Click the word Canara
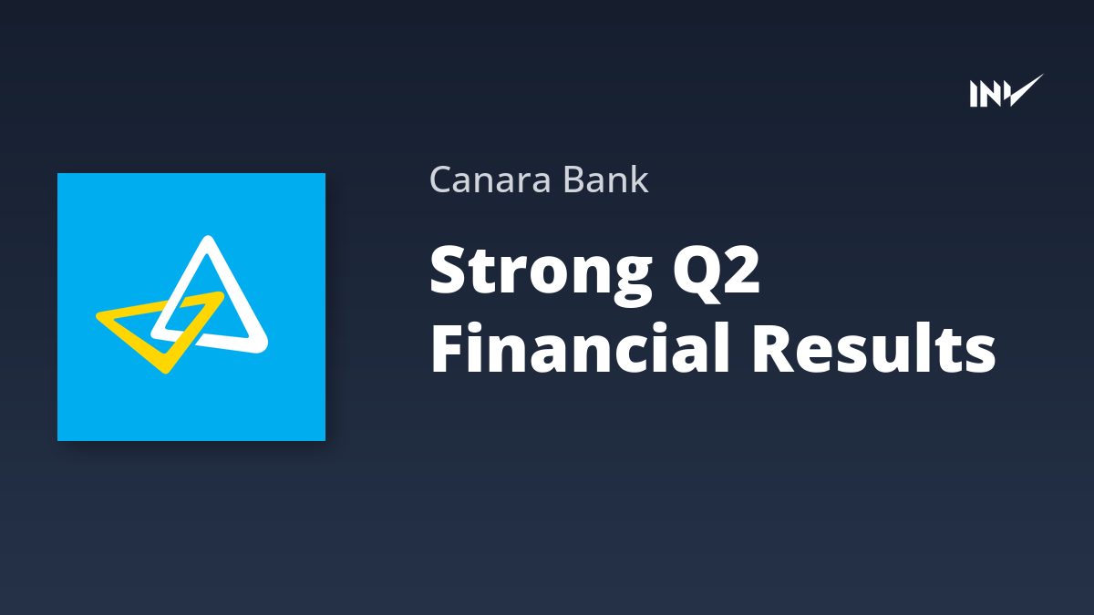click(x=490, y=180)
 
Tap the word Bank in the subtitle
click(x=605, y=179)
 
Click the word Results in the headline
click(x=873, y=348)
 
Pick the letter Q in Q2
click(x=697, y=272)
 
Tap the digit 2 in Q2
click(x=742, y=270)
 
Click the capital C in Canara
click(x=442, y=179)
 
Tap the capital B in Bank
click(x=574, y=179)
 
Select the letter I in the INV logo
click(x=974, y=94)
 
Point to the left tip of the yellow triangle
click(x=98, y=316)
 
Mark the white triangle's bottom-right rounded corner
click(x=263, y=346)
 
